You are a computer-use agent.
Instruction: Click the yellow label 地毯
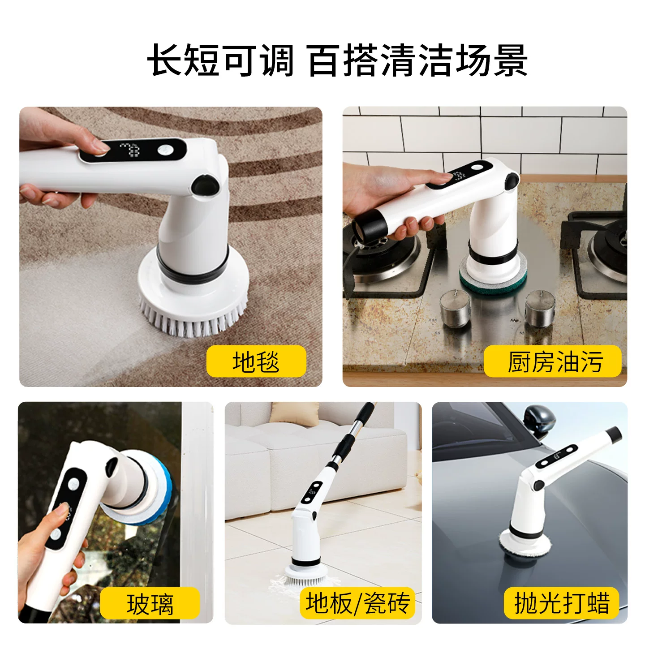pyautogui.click(x=256, y=361)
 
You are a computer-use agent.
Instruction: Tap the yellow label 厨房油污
pyautogui.click(x=552, y=361)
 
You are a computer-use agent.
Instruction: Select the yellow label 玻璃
pyautogui.click(x=150, y=604)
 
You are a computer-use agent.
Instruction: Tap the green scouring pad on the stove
pyautogui.click(x=494, y=279)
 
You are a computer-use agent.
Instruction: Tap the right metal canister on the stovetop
pyautogui.click(x=540, y=309)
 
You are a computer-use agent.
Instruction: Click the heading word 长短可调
pyautogui.click(x=220, y=60)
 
